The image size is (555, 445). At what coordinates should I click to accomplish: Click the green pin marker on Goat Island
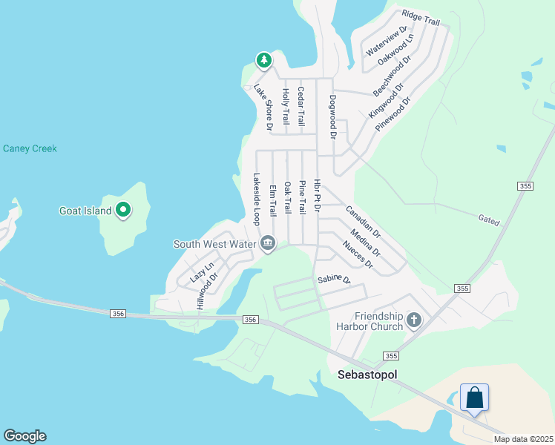coord(123,211)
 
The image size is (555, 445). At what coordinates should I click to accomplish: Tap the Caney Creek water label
coord(30,148)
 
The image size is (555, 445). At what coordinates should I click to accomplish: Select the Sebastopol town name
coord(367,375)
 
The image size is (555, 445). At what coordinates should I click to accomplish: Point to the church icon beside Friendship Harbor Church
coord(414,320)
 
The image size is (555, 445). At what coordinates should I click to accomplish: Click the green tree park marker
coord(263,59)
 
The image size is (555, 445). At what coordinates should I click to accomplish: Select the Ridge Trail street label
coord(421,19)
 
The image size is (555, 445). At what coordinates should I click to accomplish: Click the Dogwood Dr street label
coord(333,117)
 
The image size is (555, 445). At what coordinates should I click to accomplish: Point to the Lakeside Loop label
coord(257,200)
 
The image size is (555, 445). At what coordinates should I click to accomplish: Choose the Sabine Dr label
coord(333,280)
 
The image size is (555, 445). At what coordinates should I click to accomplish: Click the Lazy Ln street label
coord(202,272)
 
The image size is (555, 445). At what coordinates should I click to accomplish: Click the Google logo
coord(24,436)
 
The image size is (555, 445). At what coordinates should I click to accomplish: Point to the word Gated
coord(490,221)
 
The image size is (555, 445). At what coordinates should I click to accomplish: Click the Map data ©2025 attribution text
coord(522,439)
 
